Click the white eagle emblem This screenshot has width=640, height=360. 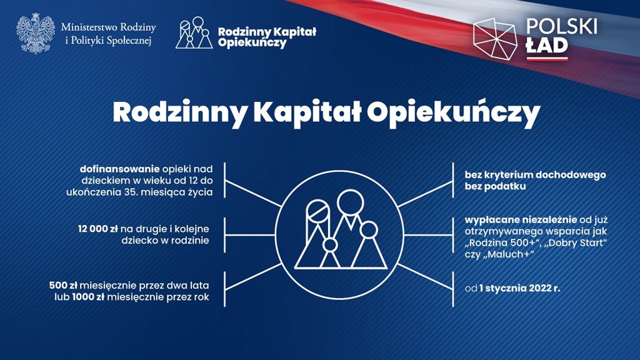[36, 34]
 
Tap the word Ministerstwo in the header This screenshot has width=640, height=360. [85, 27]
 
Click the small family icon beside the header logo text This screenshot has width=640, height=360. [194, 33]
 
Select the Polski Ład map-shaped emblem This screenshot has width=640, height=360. [495, 39]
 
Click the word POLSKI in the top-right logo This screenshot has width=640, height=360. [561, 26]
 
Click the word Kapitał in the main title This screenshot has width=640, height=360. [307, 112]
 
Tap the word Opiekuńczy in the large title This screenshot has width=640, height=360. [454, 114]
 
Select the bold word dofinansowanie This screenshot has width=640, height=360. [119, 169]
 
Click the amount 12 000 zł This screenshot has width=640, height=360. [98, 229]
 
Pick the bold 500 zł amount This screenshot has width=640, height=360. [63, 285]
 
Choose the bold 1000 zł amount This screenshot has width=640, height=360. [88, 297]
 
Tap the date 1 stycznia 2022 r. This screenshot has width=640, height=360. [519, 289]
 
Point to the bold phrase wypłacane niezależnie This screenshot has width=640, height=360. [521, 220]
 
